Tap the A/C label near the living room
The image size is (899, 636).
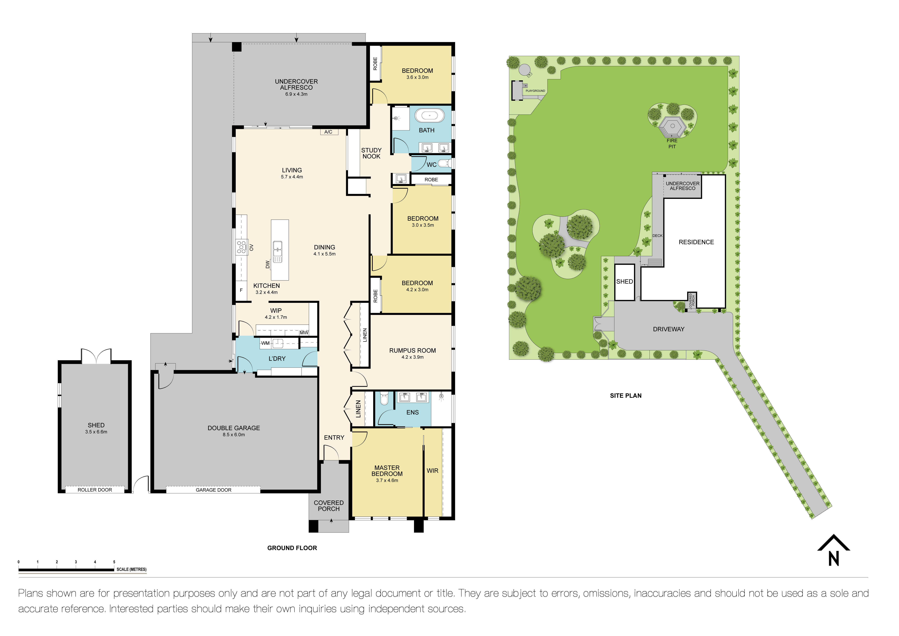click(328, 132)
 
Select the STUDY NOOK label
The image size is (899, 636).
click(371, 153)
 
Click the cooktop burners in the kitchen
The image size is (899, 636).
click(241, 247)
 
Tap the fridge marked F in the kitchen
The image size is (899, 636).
click(241, 290)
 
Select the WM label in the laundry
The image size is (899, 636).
click(265, 343)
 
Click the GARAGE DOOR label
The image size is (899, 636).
click(213, 490)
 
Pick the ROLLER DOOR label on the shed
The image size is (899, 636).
click(95, 490)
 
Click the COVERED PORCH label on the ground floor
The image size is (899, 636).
click(328, 506)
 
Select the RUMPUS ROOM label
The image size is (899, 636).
click(412, 350)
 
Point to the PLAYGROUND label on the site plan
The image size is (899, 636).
click(535, 91)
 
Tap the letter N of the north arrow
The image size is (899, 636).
click(834, 559)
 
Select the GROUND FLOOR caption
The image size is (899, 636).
click(292, 548)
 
